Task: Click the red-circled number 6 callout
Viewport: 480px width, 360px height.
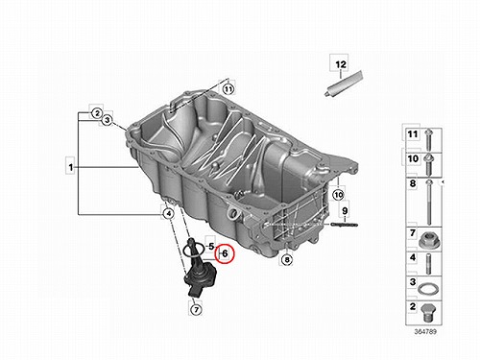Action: coord(225,253)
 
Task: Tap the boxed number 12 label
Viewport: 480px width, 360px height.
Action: coord(341,64)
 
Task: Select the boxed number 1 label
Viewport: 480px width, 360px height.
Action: coord(71,167)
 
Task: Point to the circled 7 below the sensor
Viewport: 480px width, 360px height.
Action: coord(196,309)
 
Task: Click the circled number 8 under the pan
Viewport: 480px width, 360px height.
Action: coord(287,259)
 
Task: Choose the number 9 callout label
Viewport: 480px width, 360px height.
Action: coord(345,211)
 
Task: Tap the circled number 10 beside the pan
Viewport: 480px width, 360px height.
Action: coord(338,194)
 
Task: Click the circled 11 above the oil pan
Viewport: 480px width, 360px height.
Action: coord(228,88)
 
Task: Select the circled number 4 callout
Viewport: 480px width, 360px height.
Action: coord(168,213)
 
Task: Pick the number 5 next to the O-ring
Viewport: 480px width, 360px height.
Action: coord(211,247)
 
